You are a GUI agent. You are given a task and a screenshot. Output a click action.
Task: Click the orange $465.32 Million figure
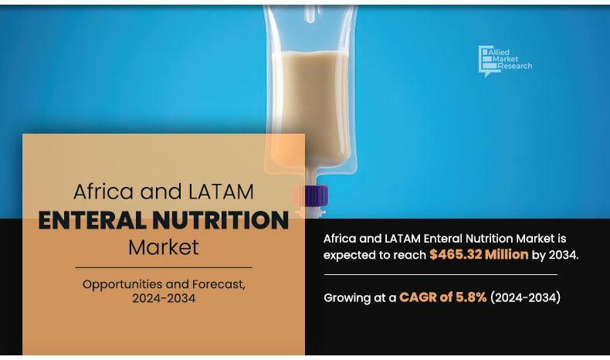tap(479, 254)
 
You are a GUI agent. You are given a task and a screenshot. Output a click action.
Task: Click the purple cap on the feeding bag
tap(310, 195)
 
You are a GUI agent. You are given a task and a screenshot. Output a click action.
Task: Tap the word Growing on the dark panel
tap(348, 297)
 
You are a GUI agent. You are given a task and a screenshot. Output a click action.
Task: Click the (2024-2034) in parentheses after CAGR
tap(525, 297)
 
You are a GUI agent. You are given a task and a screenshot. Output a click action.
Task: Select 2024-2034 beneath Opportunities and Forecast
tap(164, 299)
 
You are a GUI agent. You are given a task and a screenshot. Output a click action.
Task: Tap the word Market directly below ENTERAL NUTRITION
tap(163, 248)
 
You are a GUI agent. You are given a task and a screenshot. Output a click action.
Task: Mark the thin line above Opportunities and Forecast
tap(164, 267)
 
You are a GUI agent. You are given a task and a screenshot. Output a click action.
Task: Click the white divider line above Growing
tap(440, 274)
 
